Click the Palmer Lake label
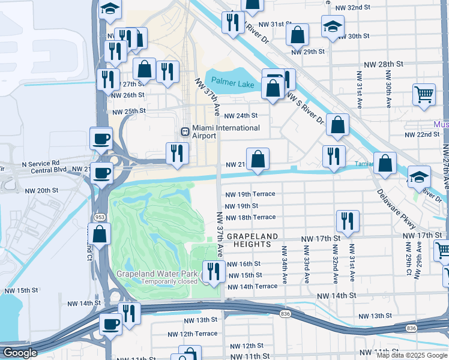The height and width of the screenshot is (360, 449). (233, 85)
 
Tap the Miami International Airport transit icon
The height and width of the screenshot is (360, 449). (185, 131)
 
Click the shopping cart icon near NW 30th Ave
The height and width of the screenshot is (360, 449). (424, 94)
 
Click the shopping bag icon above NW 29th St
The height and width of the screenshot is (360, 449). (298, 35)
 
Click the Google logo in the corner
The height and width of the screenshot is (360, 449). (19, 353)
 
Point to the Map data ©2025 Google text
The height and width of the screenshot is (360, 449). (412, 355)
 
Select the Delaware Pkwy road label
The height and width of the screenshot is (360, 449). (396, 209)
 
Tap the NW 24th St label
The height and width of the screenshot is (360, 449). (241, 116)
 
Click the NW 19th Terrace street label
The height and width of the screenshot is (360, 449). (250, 194)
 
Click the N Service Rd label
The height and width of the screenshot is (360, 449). (41, 163)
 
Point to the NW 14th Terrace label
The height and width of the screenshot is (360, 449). (253, 287)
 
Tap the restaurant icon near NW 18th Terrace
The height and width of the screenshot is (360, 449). (348, 221)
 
